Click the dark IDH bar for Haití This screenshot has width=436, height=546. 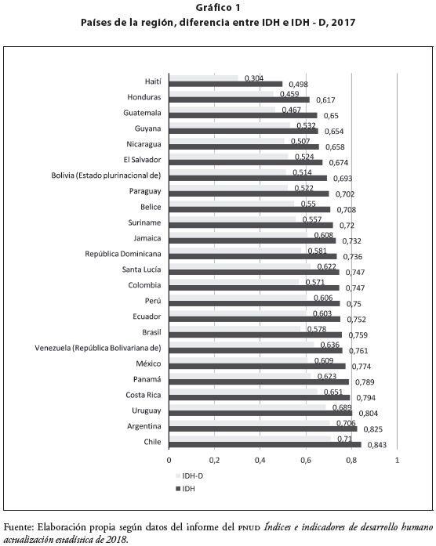[x=226, y=84]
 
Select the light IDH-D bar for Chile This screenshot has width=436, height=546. [x=250, y=439]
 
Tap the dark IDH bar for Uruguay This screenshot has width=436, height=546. [x=260, y=414]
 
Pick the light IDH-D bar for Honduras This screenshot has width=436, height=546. [x=221, y=94]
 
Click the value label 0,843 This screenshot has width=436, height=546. [x=376, y=445]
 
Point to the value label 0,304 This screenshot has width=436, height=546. [x=254, y=78]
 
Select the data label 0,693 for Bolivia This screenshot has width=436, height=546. [x=343, y=179]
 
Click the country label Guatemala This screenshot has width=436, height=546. [x=142, y=113]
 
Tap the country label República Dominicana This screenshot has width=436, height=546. [x=123, y=254]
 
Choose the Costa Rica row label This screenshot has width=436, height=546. [x=144, y=395]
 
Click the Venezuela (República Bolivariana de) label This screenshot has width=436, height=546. [x=98, y=349]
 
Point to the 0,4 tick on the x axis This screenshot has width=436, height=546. [x=260, y=460]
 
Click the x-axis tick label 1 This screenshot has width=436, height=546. [x=397, y=460]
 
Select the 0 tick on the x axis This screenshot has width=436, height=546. [x=169, y=460]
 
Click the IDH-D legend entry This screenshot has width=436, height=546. [x=190, y=475]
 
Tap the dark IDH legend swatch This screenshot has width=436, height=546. [x=179, y=489]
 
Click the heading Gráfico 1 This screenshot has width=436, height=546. [x=218, y=8]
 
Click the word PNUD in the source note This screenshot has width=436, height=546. [x=249, y=527]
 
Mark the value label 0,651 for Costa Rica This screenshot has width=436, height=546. [x=333, y=392]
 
